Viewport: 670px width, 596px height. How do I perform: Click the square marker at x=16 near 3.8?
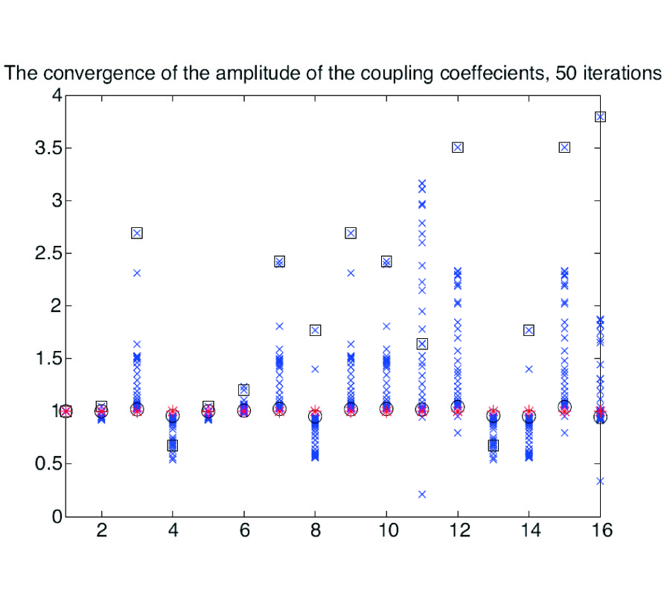(x=600, y=116)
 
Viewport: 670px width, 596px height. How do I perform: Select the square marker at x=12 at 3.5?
(x=458, y=148)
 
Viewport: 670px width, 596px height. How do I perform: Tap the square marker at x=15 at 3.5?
(x=564, y=148)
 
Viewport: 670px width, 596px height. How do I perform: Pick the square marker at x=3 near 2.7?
(x=137, y=232)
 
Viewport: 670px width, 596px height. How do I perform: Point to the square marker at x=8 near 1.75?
(x=315, y=330)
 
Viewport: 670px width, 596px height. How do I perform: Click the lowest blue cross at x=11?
(x=422, y=494)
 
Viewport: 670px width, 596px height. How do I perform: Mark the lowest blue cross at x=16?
(x=600, y=481)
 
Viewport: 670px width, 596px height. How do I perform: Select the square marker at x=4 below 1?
(x=173, y=446)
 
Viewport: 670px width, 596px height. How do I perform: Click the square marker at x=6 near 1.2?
(x=243, y=390)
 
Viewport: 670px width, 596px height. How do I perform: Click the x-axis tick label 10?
(x=386, y=534)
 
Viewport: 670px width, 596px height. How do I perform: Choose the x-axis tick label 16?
(x=600, y=534)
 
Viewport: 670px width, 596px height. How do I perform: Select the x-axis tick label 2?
(x=101, y=534)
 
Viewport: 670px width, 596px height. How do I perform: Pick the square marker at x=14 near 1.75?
(x=529, y=330)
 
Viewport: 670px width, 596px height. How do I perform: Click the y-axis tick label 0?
(x=51, y=516)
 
